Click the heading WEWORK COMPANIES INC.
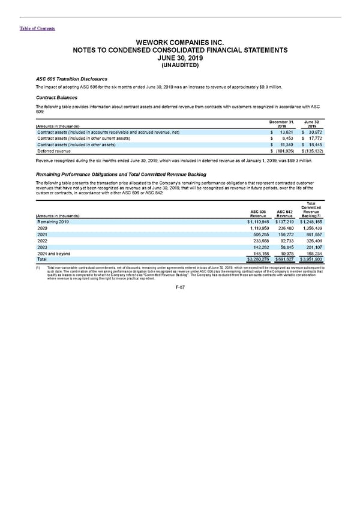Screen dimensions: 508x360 coord(179,43)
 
